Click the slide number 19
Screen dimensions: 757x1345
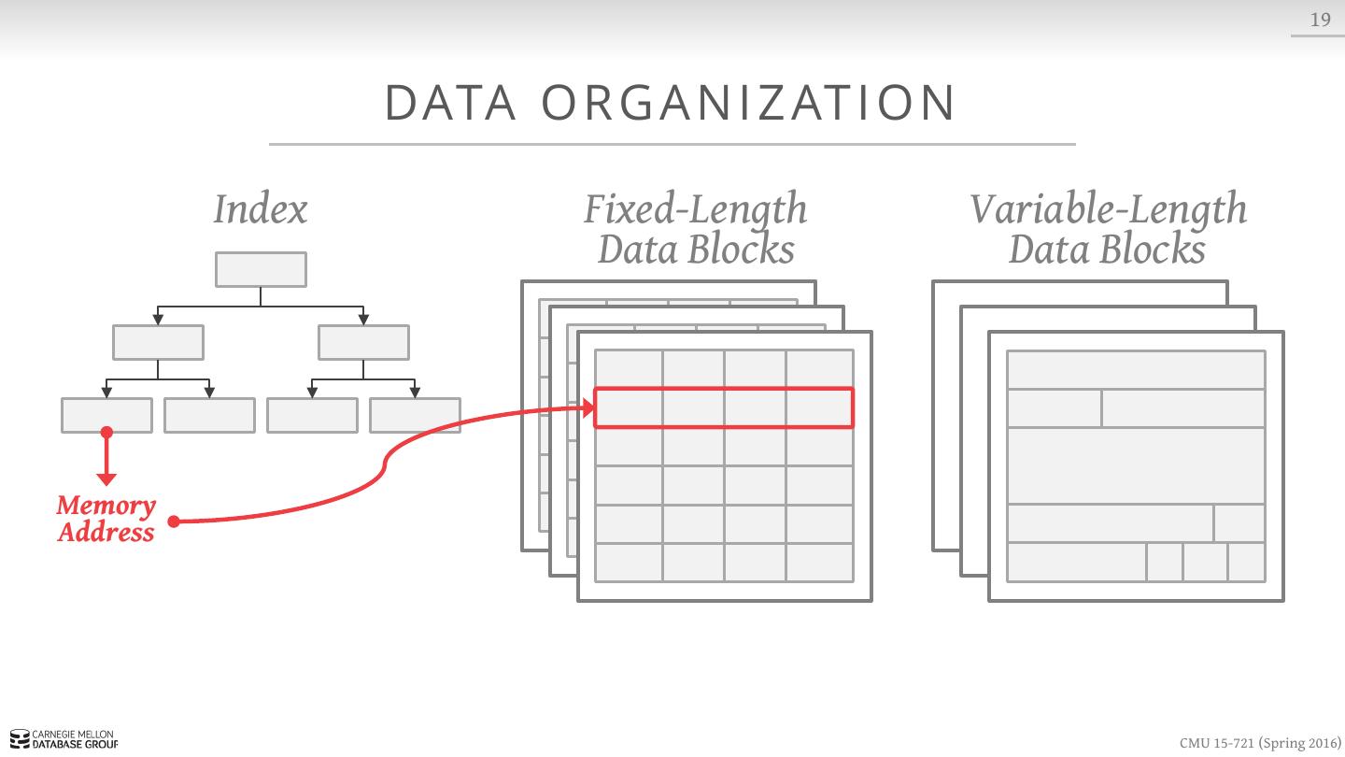tap(1320, 20)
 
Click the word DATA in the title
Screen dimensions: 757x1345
tap(450, 103)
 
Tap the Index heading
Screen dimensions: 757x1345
tap(260, 208)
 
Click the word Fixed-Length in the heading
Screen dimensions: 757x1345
tap(695, 208)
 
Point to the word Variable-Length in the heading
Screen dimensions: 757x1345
tap(1108, 208)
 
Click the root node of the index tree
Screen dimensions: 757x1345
tap(261, 269)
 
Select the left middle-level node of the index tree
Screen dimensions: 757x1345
tap(158, 342)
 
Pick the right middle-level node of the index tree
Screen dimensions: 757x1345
tap(363, 342)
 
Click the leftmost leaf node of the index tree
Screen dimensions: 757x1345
tap(106, 415)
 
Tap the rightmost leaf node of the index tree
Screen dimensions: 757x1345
tap(415, 415)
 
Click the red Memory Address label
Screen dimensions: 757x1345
tap(106, 519)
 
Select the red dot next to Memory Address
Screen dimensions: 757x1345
tap(174, 521)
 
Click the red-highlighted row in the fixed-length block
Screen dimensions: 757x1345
tap(724, 407)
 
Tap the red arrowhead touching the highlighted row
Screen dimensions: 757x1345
tap(588, 407)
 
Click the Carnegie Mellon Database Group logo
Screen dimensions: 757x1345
tap(64, 740)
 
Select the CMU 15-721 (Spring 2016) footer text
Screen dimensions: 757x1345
tap(1259, 743)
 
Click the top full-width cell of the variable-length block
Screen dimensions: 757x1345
tap(1136, 370)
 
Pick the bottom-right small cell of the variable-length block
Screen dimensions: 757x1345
tap(1247, 562)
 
